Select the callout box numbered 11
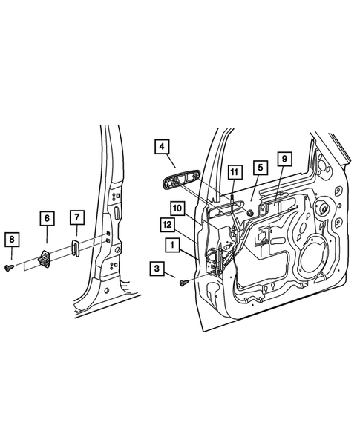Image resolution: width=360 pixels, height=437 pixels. point(234,174)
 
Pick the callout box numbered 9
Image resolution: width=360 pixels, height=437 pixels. point(285,159)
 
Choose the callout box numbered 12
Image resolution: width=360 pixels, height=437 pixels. point(168,224)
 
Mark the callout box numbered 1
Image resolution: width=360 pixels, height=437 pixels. point(171,243)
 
